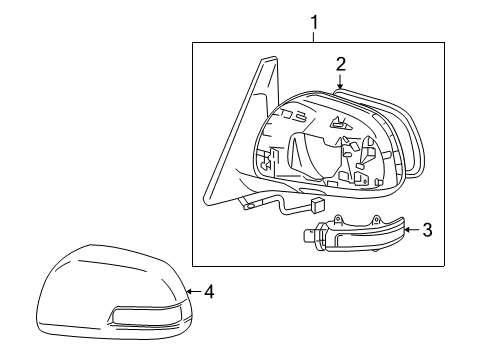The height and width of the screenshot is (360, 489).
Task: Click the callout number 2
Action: point(340,65)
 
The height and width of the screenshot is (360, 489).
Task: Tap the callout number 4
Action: point(209,293)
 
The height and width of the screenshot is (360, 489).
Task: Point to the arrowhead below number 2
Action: point(340,89)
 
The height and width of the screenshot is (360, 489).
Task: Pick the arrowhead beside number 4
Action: point(191,293)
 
